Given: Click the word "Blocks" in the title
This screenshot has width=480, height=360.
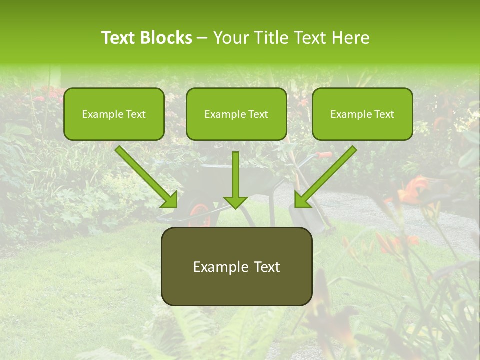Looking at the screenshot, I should (x=166, y=38).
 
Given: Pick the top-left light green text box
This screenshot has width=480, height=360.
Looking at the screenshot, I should (x=114, y=114).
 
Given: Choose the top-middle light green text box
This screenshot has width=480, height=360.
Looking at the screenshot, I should (x=236, y=114).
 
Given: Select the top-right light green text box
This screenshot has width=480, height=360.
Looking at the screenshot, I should (x=362, y=114).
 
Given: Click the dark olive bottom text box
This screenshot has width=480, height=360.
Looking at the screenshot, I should (x=236, y=266).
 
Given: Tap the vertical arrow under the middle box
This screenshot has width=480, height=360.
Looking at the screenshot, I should (x=235, y=177).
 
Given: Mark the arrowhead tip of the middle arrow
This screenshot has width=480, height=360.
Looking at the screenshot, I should (x=235, y=207).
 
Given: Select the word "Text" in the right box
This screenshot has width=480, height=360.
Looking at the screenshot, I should (x=384, y=114).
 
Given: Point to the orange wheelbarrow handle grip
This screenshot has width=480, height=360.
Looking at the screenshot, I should (x=325, y=155).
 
